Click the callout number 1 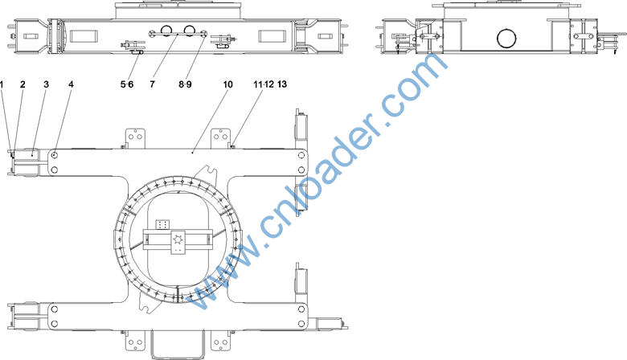(2, 84)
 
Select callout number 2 (23, 84)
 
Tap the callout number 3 (47, 84)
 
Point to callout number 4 (72, 84)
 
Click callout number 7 (153, 84)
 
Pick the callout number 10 (227, 84)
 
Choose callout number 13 (282, 84)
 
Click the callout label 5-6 (127, 84)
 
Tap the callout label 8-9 (185, 84)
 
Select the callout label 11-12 (264, 84)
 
